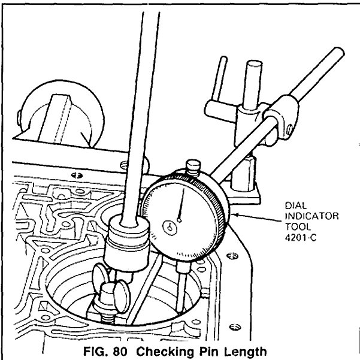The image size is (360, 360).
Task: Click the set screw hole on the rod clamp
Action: click(x=290, y=126)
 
